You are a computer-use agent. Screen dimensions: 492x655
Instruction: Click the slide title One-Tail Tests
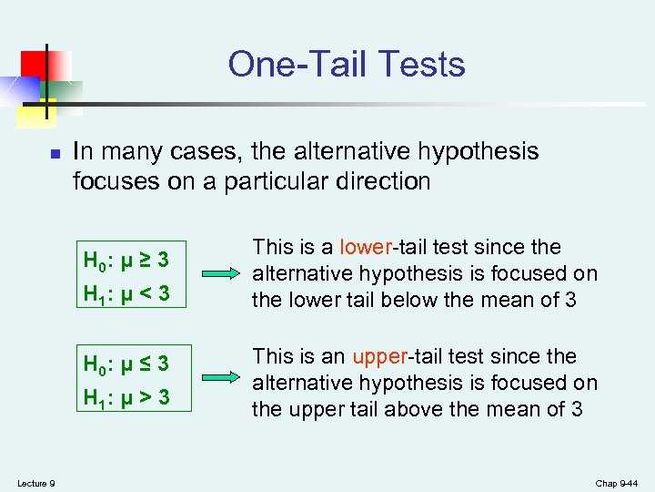(347, 64)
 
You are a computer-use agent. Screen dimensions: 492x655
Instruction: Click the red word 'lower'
(364, 247)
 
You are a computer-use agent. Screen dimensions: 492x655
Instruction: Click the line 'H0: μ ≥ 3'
(126, 260)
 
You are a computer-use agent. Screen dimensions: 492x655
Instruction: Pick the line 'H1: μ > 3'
(126, 398)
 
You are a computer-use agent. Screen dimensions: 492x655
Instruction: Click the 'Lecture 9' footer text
(35, 483)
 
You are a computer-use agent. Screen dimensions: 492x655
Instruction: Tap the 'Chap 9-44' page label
(617, 483)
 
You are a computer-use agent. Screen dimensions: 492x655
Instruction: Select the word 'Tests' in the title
(424, 64)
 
